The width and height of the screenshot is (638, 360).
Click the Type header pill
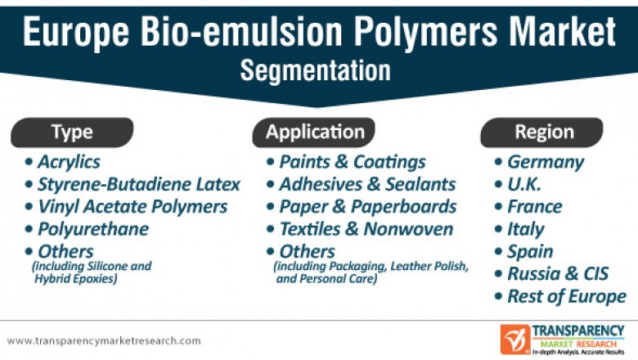[72, 132]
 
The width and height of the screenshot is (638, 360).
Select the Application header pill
[315, 132]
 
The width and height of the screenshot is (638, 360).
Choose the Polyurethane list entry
[93, 228]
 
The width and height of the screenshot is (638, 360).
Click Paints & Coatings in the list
[352, 162]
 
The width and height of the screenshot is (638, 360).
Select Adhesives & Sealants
[366, 184]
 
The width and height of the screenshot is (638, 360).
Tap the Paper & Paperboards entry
[367, 206]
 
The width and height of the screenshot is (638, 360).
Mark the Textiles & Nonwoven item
[366, 228]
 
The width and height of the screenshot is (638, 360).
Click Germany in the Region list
[545, 162]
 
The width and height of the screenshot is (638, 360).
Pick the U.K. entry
[524, 184]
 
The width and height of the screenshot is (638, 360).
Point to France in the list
[534, 206]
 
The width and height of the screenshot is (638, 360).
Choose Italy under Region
[525, 228]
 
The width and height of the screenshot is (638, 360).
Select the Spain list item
[530, 251]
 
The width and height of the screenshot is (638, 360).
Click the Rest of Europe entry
[566, 296]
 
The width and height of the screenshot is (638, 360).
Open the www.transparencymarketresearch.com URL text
[104, 340]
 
